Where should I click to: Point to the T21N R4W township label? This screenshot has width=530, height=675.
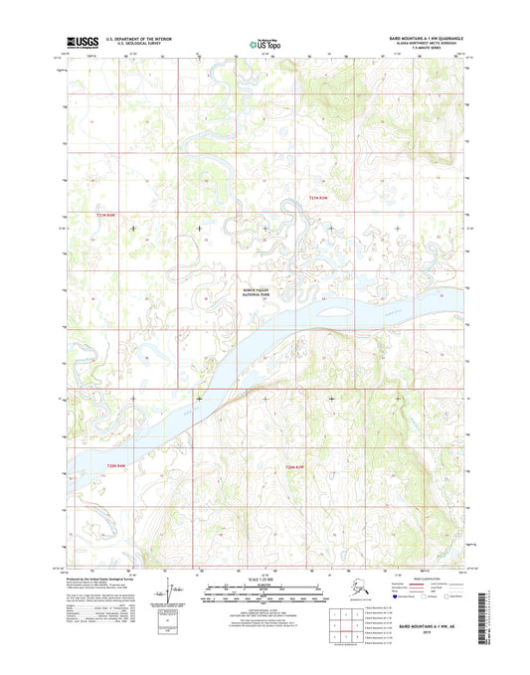tap(106, 215)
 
